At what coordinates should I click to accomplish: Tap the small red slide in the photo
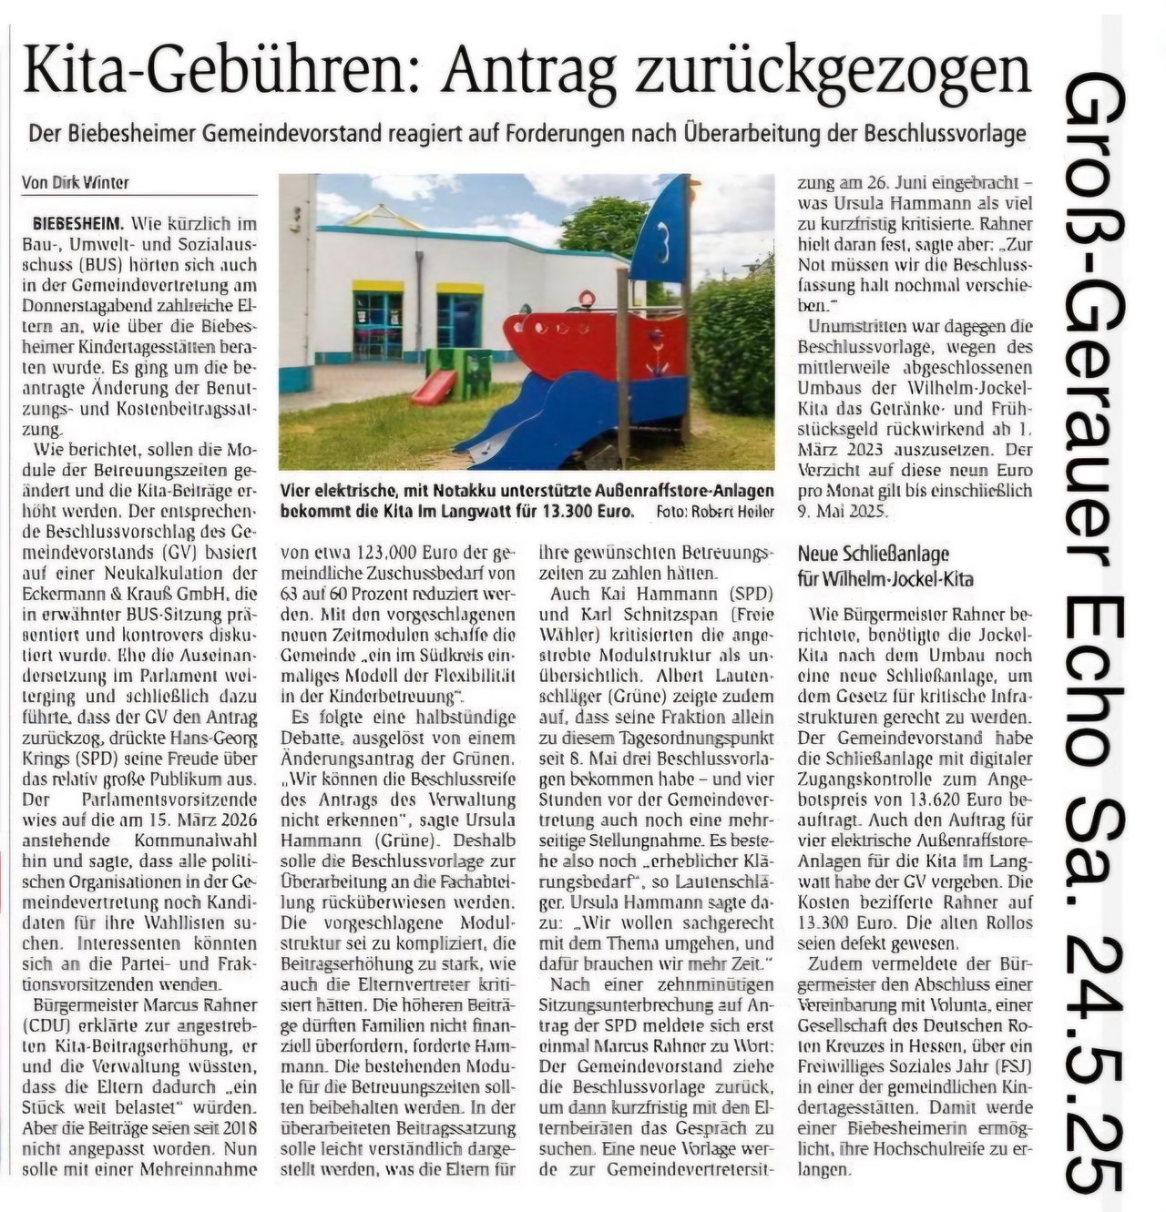[435, 386]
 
